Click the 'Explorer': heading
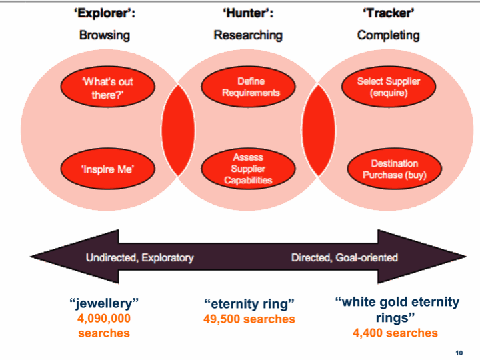coord(105,13)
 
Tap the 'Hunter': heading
coord(248,13)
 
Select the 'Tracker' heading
coord(389,13)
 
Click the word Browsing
coord(105,35)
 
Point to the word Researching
coord(248,35)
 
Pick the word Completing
coord(389,35)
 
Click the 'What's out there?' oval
coord(108,87)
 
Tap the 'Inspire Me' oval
coord(108,169)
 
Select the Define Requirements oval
coord(251,87)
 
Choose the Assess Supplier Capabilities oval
coord(248,169)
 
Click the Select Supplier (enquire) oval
coord(389,87)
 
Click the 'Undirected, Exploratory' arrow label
coord(139,257)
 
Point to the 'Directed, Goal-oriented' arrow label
coord(344,257)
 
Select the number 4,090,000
coord(103,318)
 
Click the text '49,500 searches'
coord(249,319)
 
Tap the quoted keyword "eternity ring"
coord(249,305)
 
